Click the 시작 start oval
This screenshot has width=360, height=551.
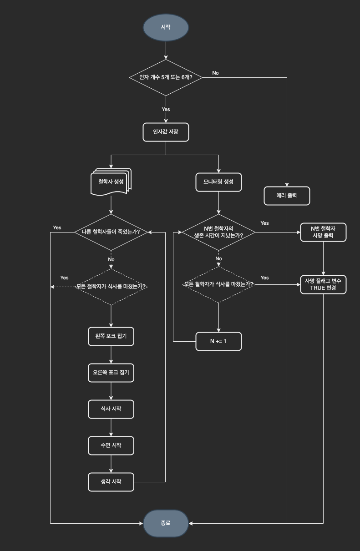pyautogui.click(x=166, y=27)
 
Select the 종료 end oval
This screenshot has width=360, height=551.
pyautogui.click(x=166, y=523)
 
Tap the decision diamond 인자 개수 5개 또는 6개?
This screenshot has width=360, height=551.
pyautogui.click(x=166, y=77)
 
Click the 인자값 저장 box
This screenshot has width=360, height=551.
pyautogui.click(x=166, y=132)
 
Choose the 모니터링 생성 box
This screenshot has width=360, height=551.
pyautogui.click(x=218, y=182)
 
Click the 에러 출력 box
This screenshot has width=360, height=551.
pyautogui.click(x=287, y=196)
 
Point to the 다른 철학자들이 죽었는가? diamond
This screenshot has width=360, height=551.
pyautogui.click(x=111, y=232)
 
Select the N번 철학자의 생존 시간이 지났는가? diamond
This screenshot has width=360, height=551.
pyautogui.click(x=218, y=232)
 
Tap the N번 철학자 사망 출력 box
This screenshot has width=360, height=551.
pyautogui.click(x=323, y=232)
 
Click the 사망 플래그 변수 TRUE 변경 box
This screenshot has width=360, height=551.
pyautogui.click(x=323, y=285)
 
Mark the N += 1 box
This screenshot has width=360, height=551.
pyautogui.click(x=218, y=341)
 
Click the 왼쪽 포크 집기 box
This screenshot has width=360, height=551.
pyautogui.click(x=111, y=337)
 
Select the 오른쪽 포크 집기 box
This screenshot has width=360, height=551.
pyautogui.click(x=111, y=373)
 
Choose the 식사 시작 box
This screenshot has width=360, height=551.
pyautogui.click(x=111, y=409)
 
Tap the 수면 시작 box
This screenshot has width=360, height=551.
pyautogui.click(x=111, y=445)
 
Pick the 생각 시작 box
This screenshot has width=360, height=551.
pyautogui.click(x=111, y=482)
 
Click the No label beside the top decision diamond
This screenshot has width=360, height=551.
pyautogui.click(x=215, y=73)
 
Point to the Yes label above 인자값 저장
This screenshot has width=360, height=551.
pyautogui.click(x=166, y=109)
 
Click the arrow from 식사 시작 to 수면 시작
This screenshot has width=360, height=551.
pyautogui.click(x=111, y=428)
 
